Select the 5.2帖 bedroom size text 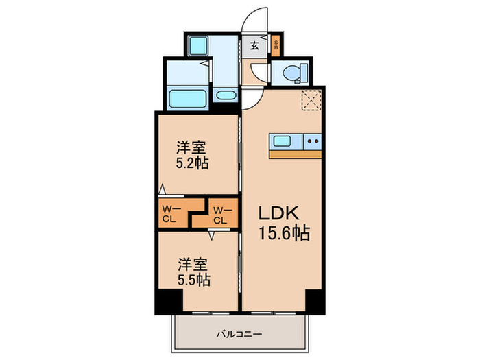point(192,163)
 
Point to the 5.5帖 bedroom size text point(193,279)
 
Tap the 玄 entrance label point(254,47)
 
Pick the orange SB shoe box point(276,47)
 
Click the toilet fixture point(291,71)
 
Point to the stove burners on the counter point(313,142)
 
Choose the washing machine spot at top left point(199,47)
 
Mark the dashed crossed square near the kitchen point(312,100)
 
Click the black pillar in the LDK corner point(314,300)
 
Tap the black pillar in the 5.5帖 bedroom point(167,300)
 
